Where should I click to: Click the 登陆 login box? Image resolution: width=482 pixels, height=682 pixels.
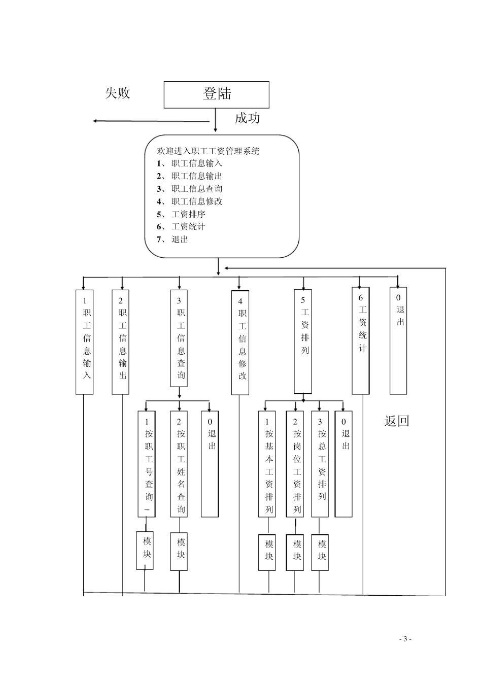click(x=216, y=94)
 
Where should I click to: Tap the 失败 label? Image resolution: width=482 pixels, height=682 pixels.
click(x=118, y=93)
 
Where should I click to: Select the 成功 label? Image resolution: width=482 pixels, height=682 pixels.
click(x=247, y=118)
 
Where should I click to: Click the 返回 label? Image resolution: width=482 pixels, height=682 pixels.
click(x=396, y=421)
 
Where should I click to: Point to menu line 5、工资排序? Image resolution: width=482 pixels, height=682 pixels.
click(x=181, y=214)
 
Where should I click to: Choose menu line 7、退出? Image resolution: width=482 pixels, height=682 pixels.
click(x=173, y=240)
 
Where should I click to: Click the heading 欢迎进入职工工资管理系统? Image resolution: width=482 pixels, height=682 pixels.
click(x=209, y=151)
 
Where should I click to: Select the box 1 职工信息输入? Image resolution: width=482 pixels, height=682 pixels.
click(x=85, y=342)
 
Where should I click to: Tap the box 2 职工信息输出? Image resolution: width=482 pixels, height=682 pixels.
click(x=120, y=342)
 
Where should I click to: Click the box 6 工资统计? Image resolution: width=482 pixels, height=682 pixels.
click(x=361, y=340)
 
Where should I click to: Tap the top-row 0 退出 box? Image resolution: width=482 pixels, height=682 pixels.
click(x=398, y=340)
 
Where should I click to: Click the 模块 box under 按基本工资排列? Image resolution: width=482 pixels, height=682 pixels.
click(x=267, y=552)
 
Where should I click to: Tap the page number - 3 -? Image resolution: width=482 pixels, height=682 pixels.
click(x=405, y=639)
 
